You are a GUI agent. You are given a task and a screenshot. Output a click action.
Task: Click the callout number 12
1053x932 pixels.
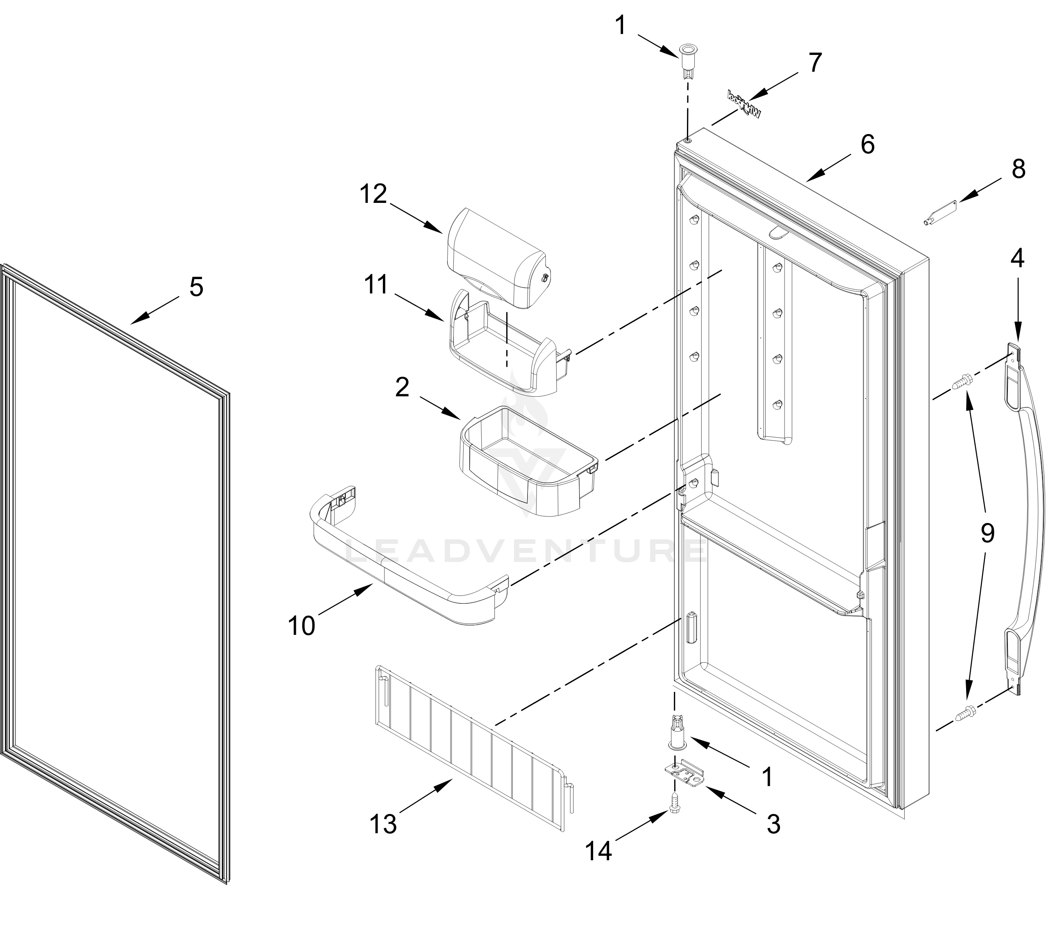coord(373,194)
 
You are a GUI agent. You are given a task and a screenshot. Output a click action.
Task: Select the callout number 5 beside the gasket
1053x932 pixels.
coord(196,286)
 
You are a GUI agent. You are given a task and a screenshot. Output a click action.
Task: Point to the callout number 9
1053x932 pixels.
coord(987,533)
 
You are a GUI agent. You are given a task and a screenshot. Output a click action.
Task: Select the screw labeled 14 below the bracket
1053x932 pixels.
coord(674,815)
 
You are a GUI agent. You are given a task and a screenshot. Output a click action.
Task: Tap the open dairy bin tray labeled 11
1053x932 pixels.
coord(502,355)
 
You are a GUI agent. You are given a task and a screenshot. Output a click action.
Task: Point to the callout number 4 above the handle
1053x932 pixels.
coord(1017,258)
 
